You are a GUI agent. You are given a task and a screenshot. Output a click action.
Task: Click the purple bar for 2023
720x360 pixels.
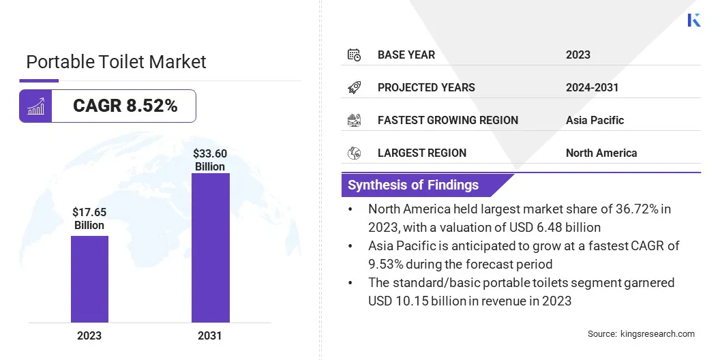coord(89,279)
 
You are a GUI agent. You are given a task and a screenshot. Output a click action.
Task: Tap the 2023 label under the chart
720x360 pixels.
coord(89,335)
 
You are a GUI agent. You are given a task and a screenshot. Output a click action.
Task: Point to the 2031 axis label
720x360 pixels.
coord(210,335)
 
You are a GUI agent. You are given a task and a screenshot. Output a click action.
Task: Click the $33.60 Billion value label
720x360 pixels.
coord(210,160)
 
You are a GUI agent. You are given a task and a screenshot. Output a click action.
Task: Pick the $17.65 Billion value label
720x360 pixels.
coord(89,219)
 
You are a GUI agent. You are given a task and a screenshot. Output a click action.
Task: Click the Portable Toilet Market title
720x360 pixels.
coord(116,62)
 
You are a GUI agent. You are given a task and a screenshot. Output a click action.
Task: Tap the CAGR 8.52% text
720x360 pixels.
coord(125,106)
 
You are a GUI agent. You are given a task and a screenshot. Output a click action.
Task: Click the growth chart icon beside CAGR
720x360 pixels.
coord(35,106)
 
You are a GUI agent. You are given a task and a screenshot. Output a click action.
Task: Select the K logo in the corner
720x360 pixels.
coord(694,20)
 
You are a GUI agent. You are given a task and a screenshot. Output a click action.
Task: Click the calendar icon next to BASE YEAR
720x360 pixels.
coord(354,55)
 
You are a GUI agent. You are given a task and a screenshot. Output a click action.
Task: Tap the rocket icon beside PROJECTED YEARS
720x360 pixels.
coord(354,87)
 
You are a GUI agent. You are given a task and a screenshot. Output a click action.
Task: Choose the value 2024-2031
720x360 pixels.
coord(592,87)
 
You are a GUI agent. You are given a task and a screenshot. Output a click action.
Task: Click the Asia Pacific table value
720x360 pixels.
coord(595,120)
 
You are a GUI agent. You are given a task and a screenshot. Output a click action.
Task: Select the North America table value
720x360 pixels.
coord(601,153)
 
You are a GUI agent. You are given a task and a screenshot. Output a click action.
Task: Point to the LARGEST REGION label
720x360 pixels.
coord(422,153)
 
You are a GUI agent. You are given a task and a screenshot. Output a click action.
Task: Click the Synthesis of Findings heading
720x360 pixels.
coord(413,185)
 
